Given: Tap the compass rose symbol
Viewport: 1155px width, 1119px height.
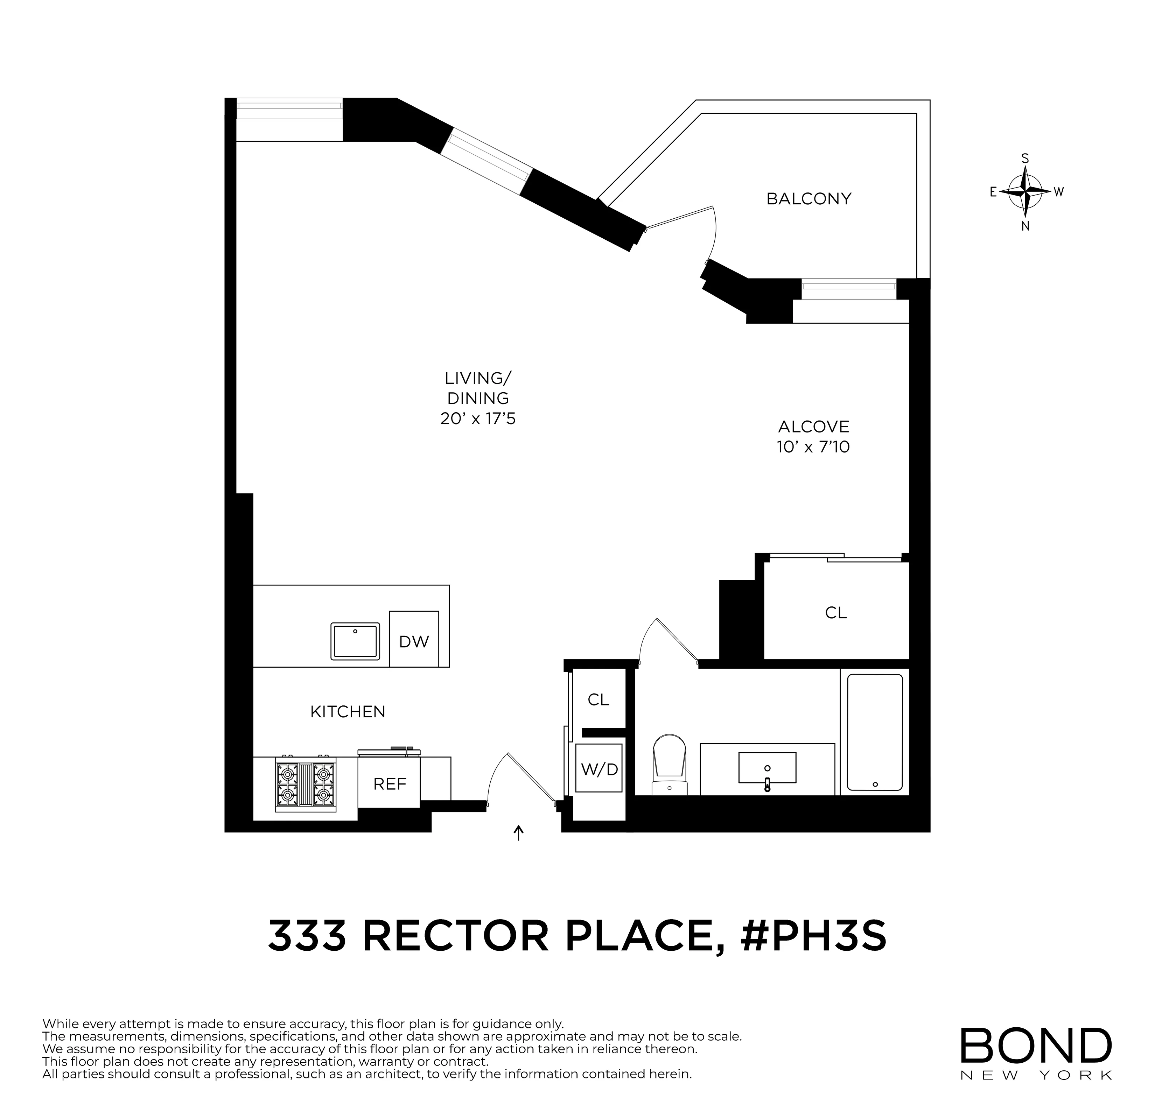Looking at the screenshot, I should click(1025, 191).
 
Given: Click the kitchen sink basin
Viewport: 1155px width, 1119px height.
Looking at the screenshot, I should click(355, 641).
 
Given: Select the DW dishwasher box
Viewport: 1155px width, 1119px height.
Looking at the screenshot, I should click(414, 639).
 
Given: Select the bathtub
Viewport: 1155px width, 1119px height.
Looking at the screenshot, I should click(875, 732).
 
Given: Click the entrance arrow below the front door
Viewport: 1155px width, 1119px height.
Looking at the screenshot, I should click(519, 833).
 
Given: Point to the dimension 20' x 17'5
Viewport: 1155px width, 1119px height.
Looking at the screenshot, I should click(477, 419).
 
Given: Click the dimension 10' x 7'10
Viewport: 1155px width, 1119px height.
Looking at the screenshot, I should click(813, 447).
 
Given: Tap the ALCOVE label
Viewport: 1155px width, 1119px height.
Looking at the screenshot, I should click(813, 427).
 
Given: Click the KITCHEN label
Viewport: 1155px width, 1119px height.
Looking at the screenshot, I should click(348, 712).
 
